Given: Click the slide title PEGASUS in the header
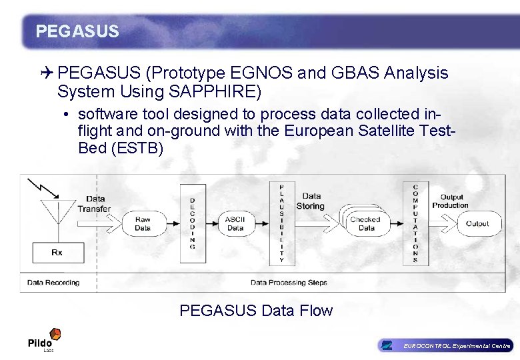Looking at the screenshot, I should (x=77, y=31).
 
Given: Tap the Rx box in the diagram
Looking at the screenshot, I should (x=57, y=253).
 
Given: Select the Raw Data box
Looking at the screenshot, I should (x=143, y=223).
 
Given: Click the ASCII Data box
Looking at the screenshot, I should (x=235, y=223).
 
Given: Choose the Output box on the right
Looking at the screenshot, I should (x=477, y=224).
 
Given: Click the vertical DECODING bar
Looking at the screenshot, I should (x=193, y=223).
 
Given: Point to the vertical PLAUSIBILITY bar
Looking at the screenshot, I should (x=281, y=223).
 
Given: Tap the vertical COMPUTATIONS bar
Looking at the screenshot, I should (x=415, y=223).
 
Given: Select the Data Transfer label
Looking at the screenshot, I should (x=95, y=203).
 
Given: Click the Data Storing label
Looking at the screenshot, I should (x=311, y=201).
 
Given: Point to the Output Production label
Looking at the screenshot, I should (x=451, y=201).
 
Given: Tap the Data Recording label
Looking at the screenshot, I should (x=53, y=283).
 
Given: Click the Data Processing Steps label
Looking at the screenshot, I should (x=289, y=283).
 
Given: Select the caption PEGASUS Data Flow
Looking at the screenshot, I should (x=256, y=311).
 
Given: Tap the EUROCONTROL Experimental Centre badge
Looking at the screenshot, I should (x=445, y=345).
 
